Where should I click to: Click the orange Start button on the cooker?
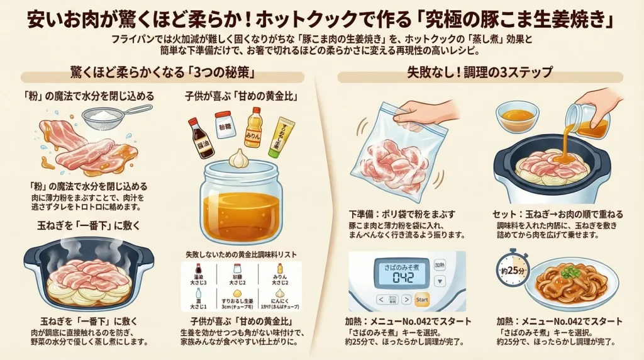point(422,299)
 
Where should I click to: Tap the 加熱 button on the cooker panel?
point(440,266)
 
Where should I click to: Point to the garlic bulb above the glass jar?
point(239,157)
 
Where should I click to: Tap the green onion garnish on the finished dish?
point(570,272)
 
